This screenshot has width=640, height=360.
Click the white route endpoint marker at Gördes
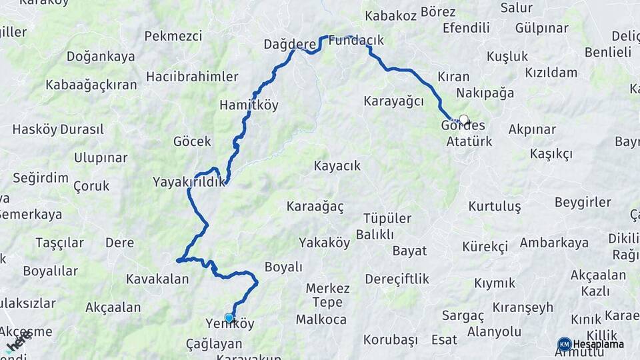coord(464,120)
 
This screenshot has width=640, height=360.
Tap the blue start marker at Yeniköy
coord(229,318)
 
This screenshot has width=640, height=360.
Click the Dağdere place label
coord(289,44)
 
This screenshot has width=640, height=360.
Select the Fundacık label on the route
coord(356,40)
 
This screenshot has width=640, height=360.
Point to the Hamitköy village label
coord(249,105)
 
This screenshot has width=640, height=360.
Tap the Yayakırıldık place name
coord(189,182)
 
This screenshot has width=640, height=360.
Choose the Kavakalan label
coord(157,279)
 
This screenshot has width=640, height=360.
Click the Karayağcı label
coord(393,101)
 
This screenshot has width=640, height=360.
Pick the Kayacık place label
coord(337,165)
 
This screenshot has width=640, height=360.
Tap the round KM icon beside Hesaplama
coord(564,344)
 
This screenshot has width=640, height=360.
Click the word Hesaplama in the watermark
coord(598,345)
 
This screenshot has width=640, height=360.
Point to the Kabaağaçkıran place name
coord(91,85)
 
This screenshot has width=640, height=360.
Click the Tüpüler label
coord(387,219)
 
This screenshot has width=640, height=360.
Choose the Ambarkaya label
coord(555,243)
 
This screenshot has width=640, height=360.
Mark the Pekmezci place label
coord(173,36)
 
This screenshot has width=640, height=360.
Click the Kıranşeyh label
coord(523,307)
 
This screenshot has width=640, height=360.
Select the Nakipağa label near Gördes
coord(485,93)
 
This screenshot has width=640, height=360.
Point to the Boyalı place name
coord(283,267)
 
